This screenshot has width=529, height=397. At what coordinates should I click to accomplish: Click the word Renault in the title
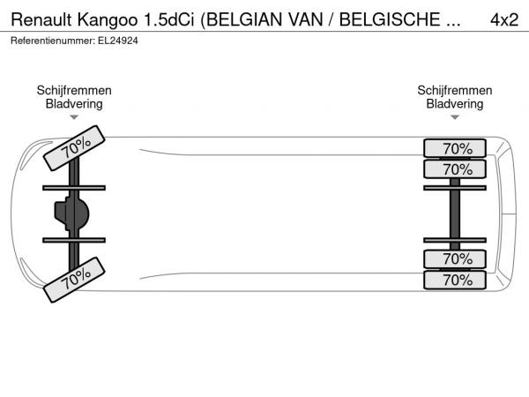pos(41,19)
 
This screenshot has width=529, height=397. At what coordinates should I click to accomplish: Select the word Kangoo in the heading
pos(108,20)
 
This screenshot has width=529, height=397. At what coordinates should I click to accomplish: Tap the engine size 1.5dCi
pos(169,19)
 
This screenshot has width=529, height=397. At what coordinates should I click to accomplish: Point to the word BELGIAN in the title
pos(242,20)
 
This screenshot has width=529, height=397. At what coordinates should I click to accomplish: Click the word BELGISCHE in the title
pos(390,19)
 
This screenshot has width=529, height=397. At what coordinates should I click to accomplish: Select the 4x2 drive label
pos(504,20)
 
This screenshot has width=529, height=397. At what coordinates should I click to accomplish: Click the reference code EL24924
pos(118,41)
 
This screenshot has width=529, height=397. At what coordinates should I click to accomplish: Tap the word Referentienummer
pos(53,41)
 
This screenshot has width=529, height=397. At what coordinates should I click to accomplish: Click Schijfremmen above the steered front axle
pos(74,91)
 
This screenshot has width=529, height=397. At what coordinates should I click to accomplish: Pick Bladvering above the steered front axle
pos(74,104)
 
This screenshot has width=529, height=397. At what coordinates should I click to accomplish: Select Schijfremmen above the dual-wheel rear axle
pos(455,91)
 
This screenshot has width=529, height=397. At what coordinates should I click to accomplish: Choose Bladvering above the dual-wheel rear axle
pos(455,104)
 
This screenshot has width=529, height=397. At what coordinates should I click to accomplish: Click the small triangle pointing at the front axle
pos(74,117)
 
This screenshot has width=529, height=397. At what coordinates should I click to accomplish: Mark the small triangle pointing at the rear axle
pos(455,117)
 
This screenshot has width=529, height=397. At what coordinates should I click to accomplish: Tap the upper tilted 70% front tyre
pos(74,148)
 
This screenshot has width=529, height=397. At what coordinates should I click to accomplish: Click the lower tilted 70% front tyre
pos(74,280)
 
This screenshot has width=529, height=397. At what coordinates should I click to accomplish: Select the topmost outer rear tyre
pos(455,148)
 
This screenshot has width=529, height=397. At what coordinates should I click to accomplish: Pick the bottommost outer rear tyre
pos(455,280)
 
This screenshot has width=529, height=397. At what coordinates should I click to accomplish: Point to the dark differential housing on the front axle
pos(71,213)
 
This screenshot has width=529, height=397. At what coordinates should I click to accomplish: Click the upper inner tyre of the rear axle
pos(455,169)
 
